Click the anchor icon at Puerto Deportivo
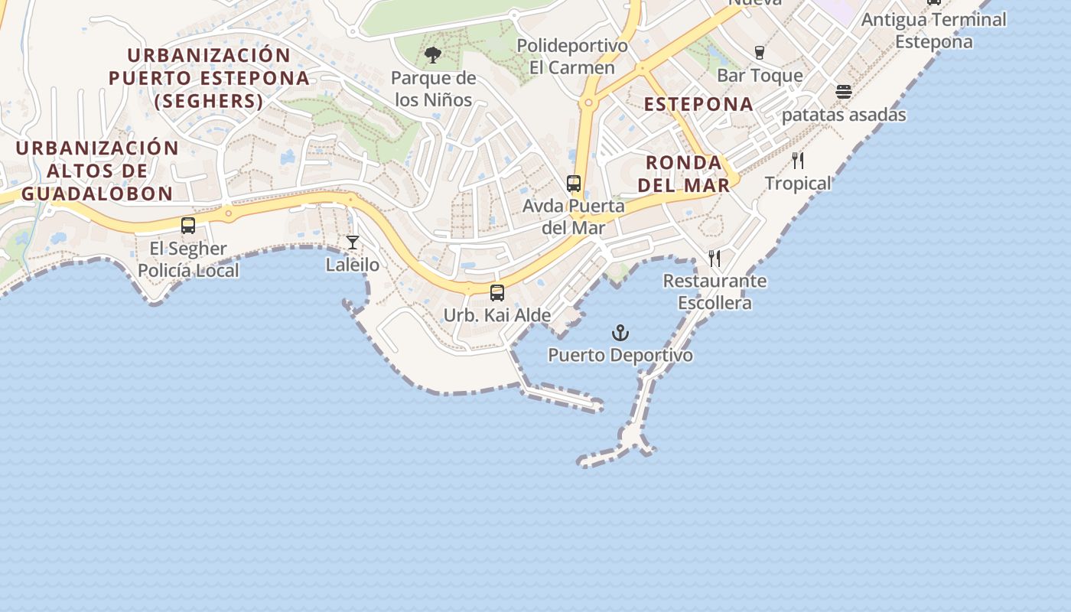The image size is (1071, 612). [x=620, y=333]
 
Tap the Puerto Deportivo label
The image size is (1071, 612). [x=620, y=356]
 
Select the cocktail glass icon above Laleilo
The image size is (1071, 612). [x=353, y=243]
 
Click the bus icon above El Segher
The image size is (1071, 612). [x=188, y=226]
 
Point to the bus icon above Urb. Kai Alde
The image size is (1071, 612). [x=497, y=292]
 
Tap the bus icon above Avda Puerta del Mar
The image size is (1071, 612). [x=574, y=184]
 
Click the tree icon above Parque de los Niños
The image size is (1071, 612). [x=433, y=55]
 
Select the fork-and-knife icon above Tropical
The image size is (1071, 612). [x=798, y=161]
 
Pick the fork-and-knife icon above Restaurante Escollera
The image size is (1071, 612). [x=715, y=258]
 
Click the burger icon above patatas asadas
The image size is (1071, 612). [x=844, y=92]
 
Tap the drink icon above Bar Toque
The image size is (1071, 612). [x=760, y=52]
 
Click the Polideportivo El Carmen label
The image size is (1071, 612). [x=572, y=57]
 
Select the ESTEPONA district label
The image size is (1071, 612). [x=698, y=104]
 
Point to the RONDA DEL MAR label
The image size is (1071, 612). [x=684, y=174]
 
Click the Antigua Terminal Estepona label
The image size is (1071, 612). [x=934, y=30]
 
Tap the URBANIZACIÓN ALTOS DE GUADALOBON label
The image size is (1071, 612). [x=97, y=171]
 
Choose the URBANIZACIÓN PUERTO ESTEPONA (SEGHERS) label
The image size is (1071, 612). [x=209, y=78]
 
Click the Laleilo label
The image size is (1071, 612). [x=353, y=265]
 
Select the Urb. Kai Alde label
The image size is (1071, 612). [x=497, y=315]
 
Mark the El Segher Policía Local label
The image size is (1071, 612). [x=188, y=259]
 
